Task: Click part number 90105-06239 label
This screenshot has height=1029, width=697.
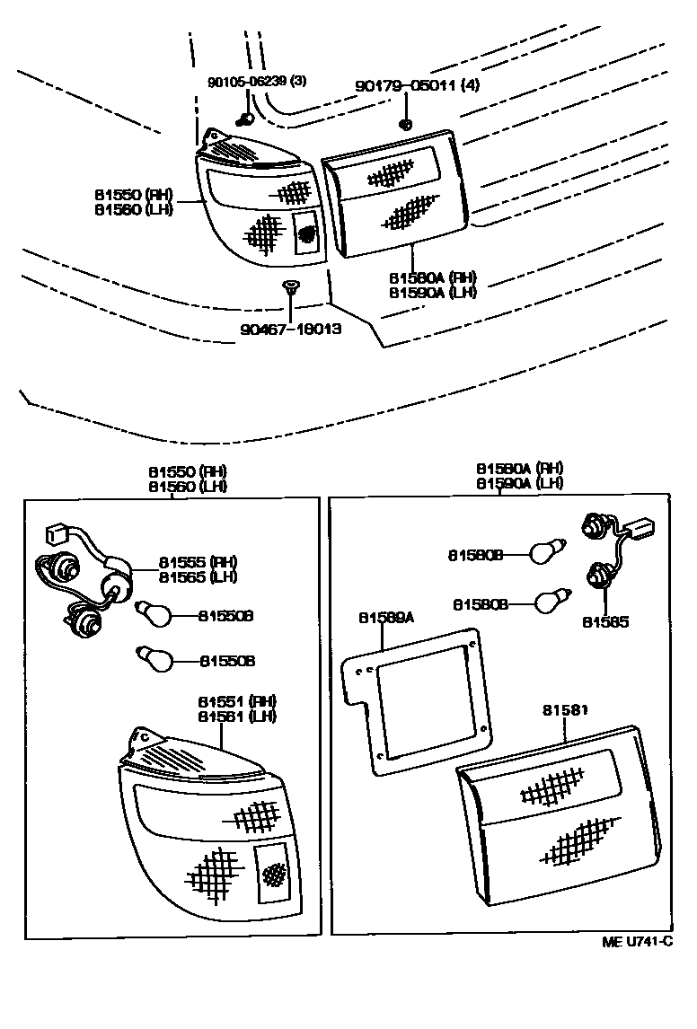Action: click(x=256, y=81)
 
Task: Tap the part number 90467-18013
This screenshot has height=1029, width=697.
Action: click(x=291, y=330)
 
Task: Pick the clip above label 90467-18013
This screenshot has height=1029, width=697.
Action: click(x=289, y=287)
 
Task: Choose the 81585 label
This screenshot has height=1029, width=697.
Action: click(x=604, y=621)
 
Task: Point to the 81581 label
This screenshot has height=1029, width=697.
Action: click(x=565, y=710)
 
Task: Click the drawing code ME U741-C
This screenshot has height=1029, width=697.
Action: click(x=637, y=942)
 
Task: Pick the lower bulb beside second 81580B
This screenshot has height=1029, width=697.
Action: click(x=548, y=602)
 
